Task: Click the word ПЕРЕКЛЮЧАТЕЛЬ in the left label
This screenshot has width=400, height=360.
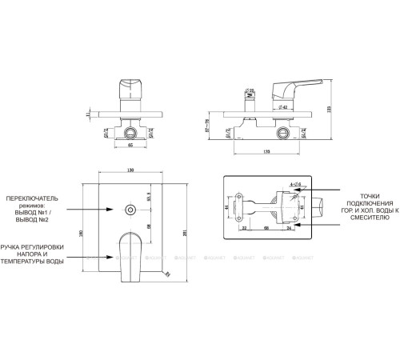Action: (x=32, y=196)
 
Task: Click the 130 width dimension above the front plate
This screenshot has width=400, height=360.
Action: (x=130, y=170)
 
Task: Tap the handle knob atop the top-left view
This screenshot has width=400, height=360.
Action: (x=130, y=86)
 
